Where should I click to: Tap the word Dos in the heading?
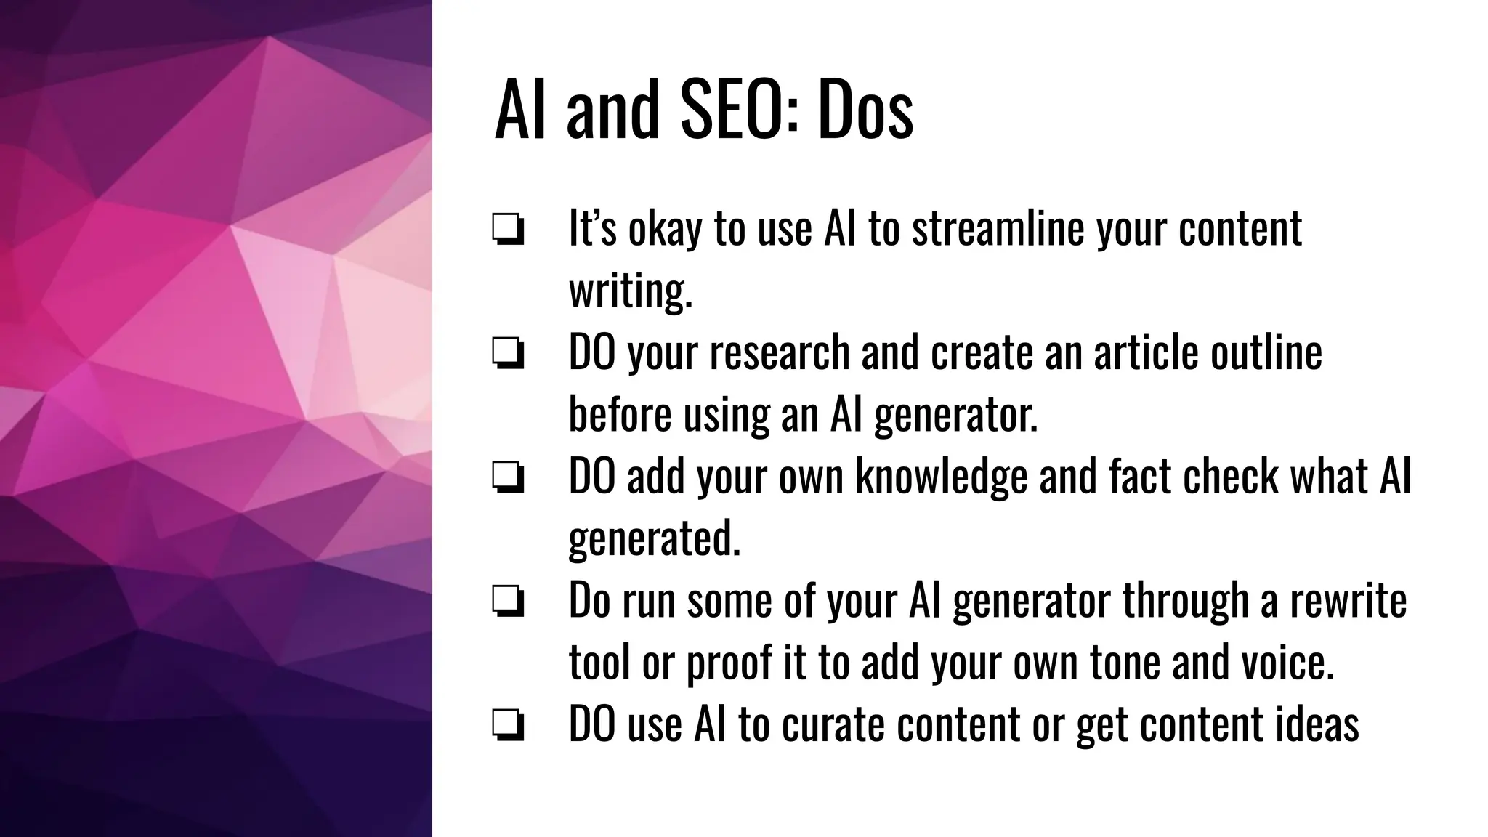click(865, 110)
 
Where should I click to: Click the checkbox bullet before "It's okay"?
click(508, 231)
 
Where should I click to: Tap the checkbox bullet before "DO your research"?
click(508, 355)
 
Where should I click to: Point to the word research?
click(779, 352)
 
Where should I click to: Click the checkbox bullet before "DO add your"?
click(508, 479)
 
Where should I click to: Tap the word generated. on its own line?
click(654, 540)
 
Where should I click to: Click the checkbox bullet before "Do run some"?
click(508, 603)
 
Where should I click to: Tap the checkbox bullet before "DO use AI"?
click(508, 727)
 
